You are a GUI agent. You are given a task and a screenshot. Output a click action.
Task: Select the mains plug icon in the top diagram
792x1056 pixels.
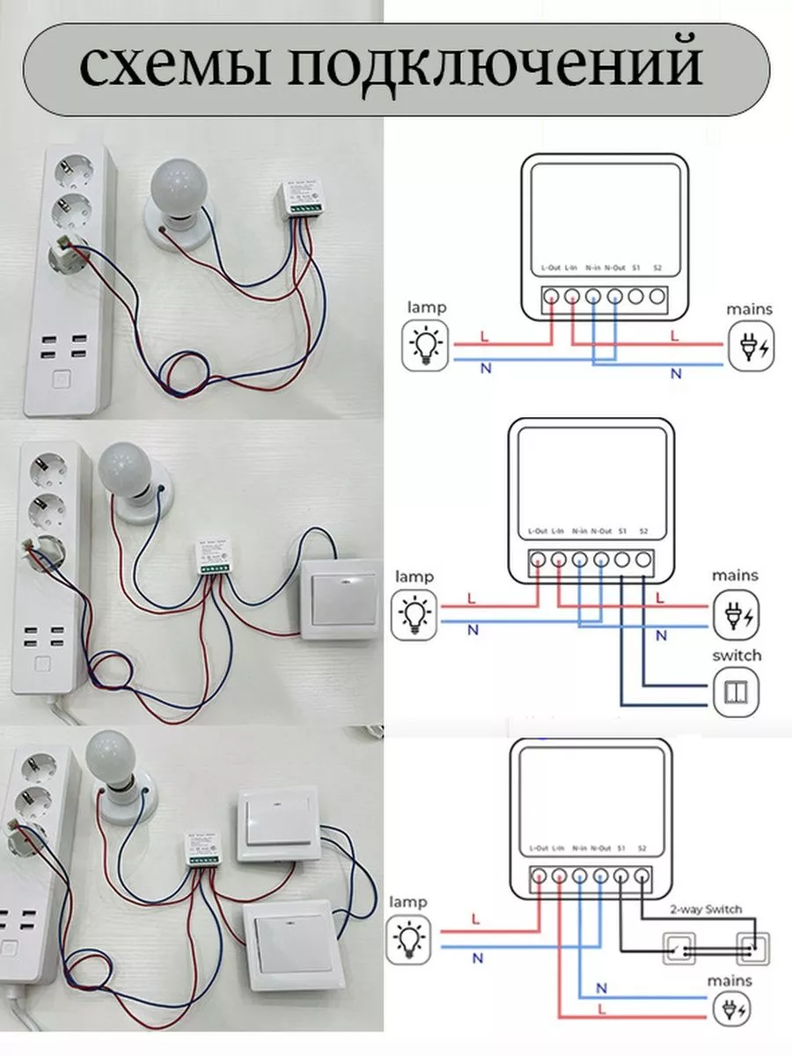(750, 346)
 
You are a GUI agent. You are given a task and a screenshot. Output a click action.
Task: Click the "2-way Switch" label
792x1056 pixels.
(706, 909)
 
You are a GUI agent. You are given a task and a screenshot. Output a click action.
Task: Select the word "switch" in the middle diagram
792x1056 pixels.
(737, 656)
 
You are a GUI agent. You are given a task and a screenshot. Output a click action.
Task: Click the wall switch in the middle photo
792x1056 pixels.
(341, 598)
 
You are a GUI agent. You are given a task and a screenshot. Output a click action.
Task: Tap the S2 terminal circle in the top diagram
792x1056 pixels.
(657, 297)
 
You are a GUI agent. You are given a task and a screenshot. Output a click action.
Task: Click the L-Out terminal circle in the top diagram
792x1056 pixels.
(550, 297)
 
